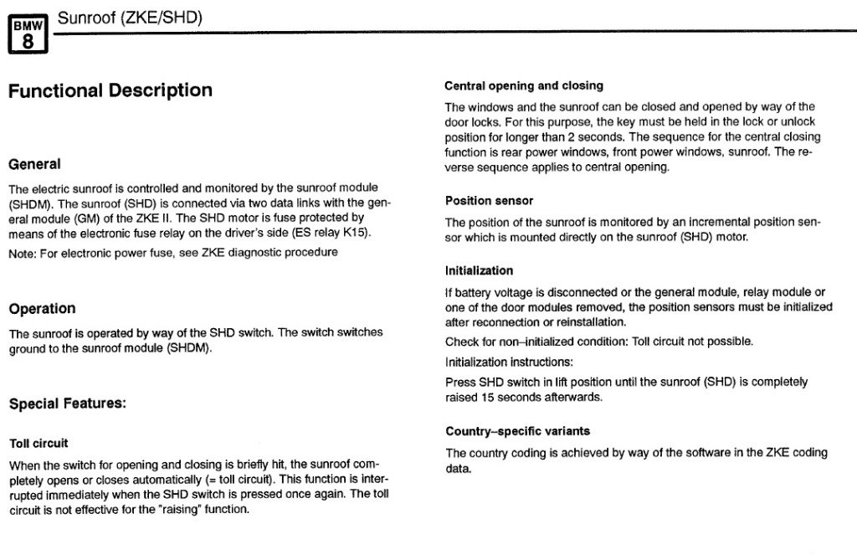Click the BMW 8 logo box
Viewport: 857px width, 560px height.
[x=28, y=35]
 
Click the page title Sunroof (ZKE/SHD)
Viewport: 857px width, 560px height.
[x=130, y=17]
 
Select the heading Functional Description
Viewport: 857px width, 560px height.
[x=110, y=90]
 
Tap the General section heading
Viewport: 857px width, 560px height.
[x=34, y=164]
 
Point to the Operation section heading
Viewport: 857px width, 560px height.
[x=42, y=309]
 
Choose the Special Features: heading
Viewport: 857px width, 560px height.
[x=67, y=404]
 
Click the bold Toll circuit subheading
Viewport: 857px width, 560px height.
[x=38, y=444]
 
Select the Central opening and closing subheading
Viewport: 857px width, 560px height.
[x=523, y=85]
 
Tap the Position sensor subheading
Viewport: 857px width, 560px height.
[x=489, y=201]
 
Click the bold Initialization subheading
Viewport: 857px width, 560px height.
[x=479, y=271]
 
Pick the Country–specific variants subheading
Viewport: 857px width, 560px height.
[x=517, y=432]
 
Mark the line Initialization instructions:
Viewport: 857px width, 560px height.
[x=509, y=362]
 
